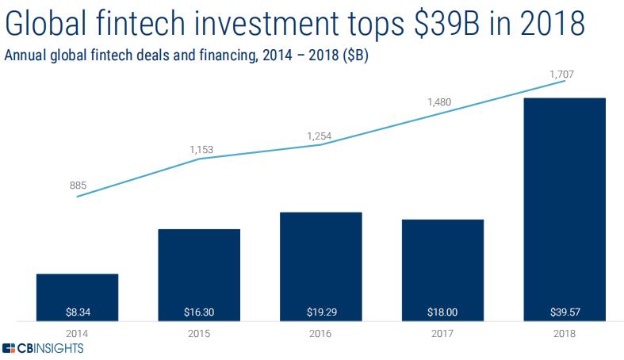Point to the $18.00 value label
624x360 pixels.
pyautogui.click(x=443, y=311)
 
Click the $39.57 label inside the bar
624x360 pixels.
pyautogui.click(x=565, y=311)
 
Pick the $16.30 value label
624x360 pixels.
pyautogui.click(x=199, y=311)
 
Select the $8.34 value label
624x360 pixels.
pyautogui.click(x=77, y=311)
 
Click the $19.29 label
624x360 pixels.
pyautogui.click(x=321, y=311)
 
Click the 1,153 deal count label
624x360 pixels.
pyautogui.click(x=201, y=149)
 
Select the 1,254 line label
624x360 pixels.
pyautogui.click(x=320, y=136)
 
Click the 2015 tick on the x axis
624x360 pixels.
pyautogui.click(x=199, y=333)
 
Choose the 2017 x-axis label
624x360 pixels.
pyautogui.click(x=443, y=333)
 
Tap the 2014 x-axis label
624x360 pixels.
pyautogui.click(x=77, y=333)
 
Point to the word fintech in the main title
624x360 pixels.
pyautogui.click(x=155, y=24)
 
